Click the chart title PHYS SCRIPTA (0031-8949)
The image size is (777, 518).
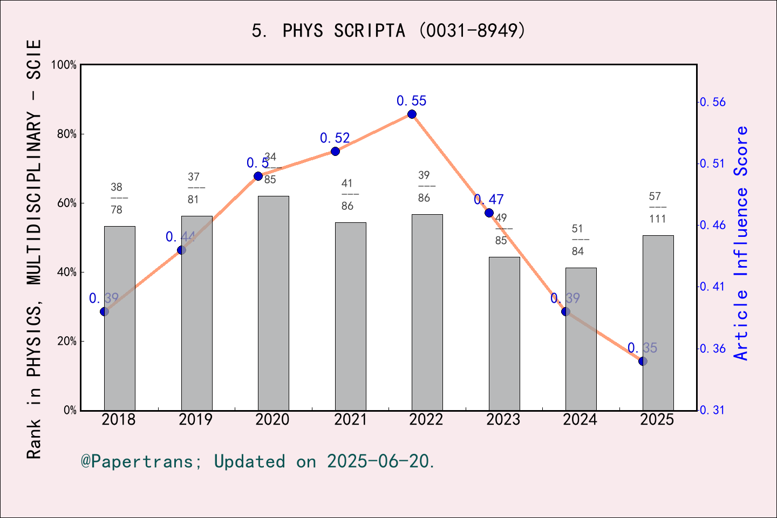pos(388,31)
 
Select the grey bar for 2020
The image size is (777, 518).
pos(273,302)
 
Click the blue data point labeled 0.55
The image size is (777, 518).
pos(412,114)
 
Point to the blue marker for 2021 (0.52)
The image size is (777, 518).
pos(335,151)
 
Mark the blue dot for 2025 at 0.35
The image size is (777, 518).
pos(643,361)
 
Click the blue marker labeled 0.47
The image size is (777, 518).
pos(489,213)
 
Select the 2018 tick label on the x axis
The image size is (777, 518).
pos(119,420)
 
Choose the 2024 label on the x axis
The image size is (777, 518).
pos(580,420)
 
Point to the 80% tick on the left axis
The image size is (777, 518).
pos(67,134)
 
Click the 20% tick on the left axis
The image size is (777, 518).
pos(67,341)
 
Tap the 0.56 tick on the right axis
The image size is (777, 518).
pos(713,102)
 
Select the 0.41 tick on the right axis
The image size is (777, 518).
pos(713,287)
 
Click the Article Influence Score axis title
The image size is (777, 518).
pos(741,243)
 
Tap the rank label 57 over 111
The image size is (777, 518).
pos(657,208)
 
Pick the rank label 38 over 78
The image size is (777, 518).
pos(117,199)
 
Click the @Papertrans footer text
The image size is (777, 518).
pos(258,461)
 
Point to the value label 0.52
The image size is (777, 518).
pos(335,138)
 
